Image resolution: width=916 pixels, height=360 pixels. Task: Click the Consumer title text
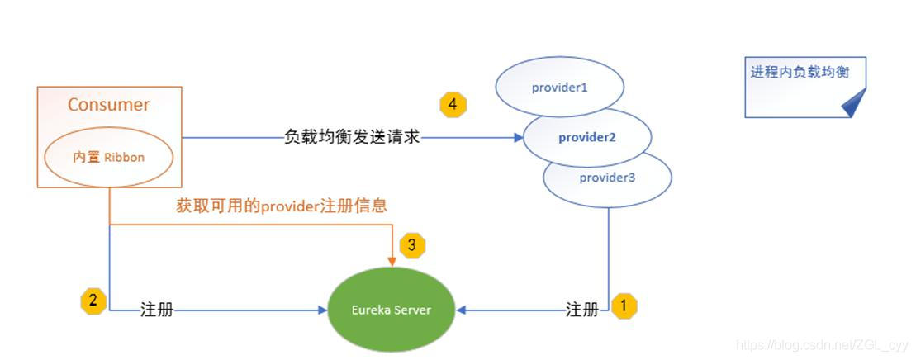click(x=108, y=105)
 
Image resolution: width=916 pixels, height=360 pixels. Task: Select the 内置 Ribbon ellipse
click(x=108, y=157)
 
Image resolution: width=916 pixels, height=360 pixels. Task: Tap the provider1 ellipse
click(x=559, y=87)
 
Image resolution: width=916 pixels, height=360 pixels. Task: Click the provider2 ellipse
click(x=586, y=137)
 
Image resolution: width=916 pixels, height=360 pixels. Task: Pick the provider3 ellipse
click(x=607, y=178)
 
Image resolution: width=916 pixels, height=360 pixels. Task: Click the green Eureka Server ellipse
click(x=392, y=310)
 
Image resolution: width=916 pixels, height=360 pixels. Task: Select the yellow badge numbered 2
click(x=93, y=301)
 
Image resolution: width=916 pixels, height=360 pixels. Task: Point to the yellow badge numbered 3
click(x=412, y=244)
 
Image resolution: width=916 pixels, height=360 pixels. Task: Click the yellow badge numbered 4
click(x=452, y=105)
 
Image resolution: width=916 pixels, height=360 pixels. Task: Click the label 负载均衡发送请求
click(x=352, y=138)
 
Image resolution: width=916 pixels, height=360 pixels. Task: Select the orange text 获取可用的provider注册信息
click(x=282, y=206)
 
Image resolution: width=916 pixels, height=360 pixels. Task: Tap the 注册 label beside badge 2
click(x=157, y=311)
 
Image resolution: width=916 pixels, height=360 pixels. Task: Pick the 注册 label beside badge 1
click(x=581, y=310)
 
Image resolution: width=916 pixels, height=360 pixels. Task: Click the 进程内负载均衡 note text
click(x=799, y=73)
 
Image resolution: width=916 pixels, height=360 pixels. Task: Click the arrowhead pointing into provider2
click(x=518, y=138)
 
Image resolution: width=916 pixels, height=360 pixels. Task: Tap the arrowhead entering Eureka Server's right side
click(x=462, y=310)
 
